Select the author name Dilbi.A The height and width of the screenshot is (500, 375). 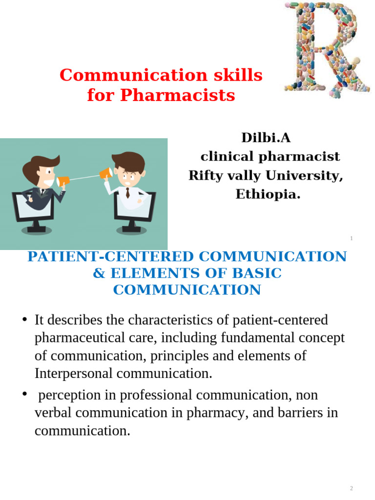click(x=266, y=138)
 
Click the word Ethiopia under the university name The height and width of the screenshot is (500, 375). click(x=268, y=194)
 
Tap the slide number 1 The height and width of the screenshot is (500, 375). click(x=351, y=238)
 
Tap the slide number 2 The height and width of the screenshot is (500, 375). click(x=351, y=488)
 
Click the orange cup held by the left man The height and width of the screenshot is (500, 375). click(x=63, y=182)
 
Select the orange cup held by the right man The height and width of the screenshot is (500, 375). click(x=105, y=173)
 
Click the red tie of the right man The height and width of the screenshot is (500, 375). click(x=127, y=192)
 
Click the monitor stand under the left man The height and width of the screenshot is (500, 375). click(x=36, y=227)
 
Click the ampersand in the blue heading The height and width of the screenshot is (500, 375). click(x=99, y=273)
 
